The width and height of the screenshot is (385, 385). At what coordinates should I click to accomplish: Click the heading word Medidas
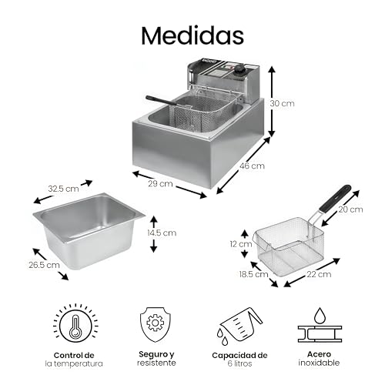coord(192,35)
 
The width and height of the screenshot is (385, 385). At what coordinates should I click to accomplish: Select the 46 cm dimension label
coord(253,166)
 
